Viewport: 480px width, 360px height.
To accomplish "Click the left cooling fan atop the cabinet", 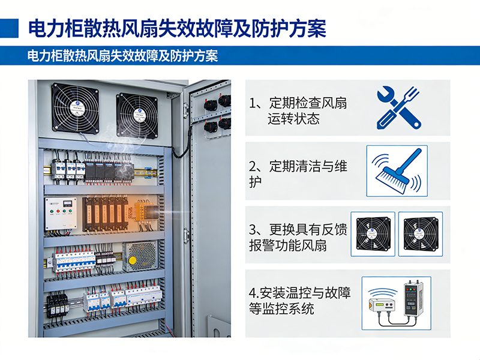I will click(74, 107).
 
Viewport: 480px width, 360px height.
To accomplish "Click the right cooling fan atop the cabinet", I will click(136, 116).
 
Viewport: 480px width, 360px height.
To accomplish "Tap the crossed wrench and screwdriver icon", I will click(397, 108).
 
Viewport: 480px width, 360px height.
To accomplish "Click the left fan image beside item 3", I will click(373, 233).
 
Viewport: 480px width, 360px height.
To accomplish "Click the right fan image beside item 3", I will click(421, 233).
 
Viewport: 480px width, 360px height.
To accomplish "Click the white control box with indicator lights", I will click(61, 214).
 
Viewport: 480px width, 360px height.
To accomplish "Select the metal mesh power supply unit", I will click(140, 256).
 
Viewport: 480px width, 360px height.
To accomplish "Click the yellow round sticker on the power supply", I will click(133, 260).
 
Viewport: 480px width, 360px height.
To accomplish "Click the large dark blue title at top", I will click(177, 28).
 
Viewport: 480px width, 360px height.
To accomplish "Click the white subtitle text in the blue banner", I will click(122, 56).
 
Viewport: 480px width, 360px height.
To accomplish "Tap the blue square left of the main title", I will click(9, 28).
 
